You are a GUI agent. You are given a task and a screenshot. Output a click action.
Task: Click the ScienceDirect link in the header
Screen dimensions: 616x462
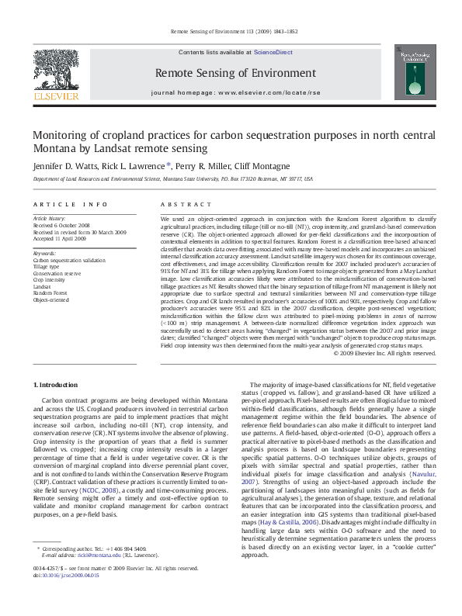(273, 51)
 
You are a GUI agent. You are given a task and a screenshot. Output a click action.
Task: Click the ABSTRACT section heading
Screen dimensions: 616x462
(182, 204)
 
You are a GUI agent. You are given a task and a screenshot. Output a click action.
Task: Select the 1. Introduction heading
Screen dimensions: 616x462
(55, 385)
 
